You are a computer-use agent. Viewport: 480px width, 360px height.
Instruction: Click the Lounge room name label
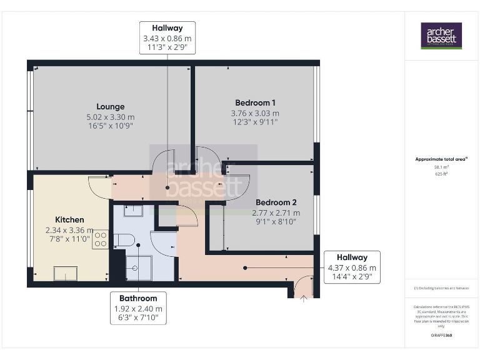point(110,106)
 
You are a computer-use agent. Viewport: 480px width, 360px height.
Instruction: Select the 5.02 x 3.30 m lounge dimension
point(110,116)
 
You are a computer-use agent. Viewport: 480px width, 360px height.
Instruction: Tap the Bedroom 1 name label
point(255,102)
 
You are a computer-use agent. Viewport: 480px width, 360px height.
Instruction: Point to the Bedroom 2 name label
point(276,202)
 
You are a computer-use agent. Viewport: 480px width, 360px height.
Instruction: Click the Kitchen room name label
point(69,219)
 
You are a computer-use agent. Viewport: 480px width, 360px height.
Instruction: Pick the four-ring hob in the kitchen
point(101,239)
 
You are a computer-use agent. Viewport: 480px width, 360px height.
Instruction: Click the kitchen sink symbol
point(64,273)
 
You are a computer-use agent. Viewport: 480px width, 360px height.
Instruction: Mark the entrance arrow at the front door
point(304,299)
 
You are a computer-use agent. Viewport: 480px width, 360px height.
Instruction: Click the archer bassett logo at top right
point(441,36)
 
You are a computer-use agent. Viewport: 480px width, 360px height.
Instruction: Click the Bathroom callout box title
point(138,298)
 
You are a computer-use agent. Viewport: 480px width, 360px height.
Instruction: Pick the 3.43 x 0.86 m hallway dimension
point(167,39)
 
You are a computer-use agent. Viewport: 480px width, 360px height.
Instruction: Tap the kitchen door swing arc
point(99,185)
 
